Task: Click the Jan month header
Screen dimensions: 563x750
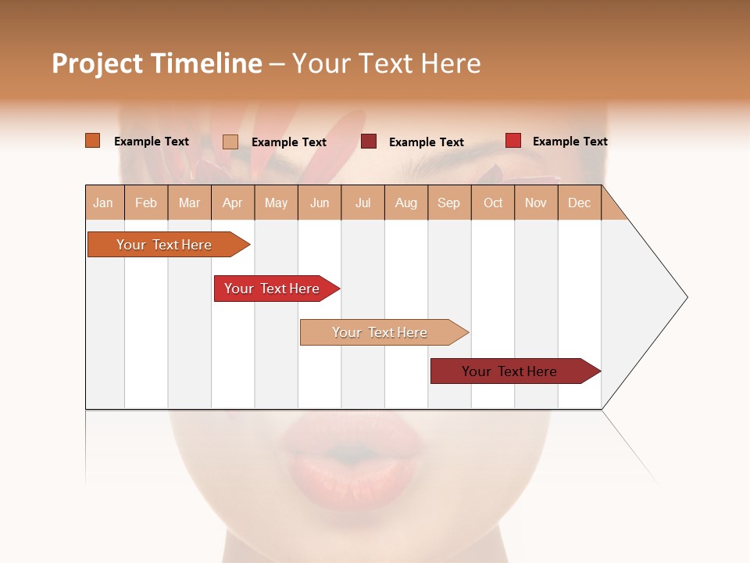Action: tap(103, 203)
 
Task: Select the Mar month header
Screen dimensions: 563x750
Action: tap(189, 203)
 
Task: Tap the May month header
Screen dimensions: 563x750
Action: tap(276, 203)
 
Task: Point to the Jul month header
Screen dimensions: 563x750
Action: tap(362, 203)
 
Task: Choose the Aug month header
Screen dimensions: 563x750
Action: tap(405, 203)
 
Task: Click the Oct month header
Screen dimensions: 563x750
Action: tap(492, 203)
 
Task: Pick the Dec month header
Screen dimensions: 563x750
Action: tap(579, 203)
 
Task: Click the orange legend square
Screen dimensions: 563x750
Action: tap(92, 141)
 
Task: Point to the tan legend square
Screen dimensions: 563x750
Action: tap(230, 142)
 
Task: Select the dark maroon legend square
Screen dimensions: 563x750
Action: tap(369, 142)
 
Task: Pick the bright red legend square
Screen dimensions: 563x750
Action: tap(512, 141)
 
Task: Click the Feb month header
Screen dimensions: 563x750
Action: tap(146, 203)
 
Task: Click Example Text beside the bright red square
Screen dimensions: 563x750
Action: tap(570, 142)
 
